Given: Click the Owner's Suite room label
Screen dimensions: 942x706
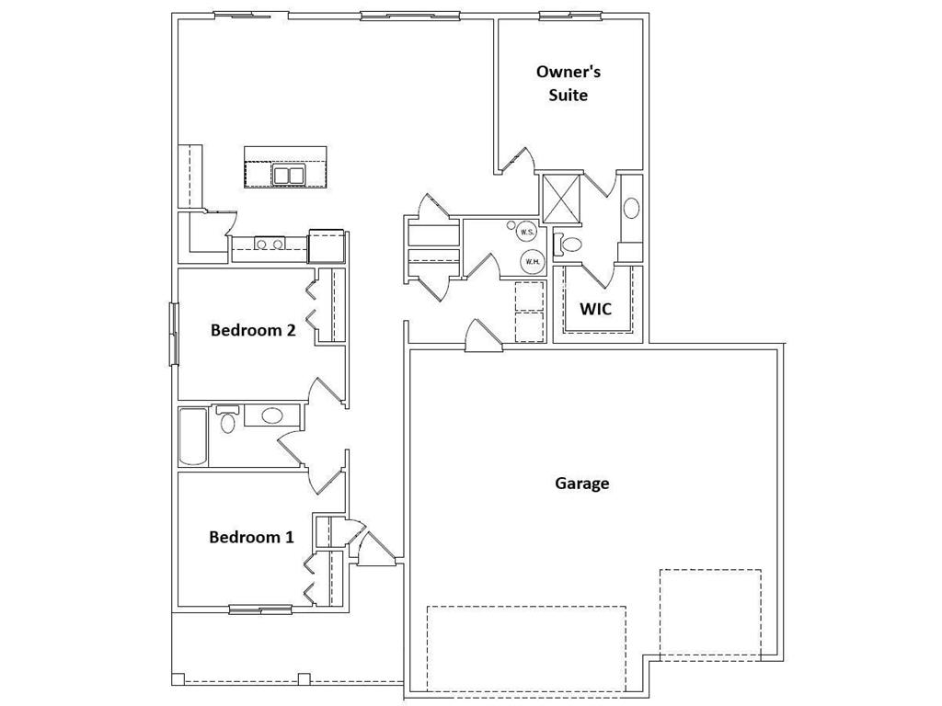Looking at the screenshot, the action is tap(569, 84).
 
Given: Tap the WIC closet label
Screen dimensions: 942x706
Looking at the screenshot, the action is tap(595, 309).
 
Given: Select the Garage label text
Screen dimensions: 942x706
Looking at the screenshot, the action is tap(581, 484).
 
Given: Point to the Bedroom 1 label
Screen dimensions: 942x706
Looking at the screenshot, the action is tap(252, 537).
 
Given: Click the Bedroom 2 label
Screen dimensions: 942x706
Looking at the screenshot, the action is tap(253, 330).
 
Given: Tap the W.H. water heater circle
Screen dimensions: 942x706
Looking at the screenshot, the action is tap(532, 261).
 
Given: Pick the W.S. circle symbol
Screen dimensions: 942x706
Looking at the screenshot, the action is tap(526, 232).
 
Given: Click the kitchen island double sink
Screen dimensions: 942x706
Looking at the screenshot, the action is tap(289, 176).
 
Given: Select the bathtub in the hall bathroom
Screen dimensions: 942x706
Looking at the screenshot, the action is tap(193, 437).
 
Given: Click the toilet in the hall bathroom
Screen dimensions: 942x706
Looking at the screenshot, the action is tap(227, 419).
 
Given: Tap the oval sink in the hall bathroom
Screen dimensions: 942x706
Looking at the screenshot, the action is tap(271, 416).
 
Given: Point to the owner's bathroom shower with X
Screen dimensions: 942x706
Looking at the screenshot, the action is tap(562, 199).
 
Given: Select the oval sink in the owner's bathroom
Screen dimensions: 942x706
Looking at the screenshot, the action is tap(631, 209).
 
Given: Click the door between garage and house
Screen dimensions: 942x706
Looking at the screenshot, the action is tap(483, 336).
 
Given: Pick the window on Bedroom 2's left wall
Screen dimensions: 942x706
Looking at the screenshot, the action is tap(174, 334).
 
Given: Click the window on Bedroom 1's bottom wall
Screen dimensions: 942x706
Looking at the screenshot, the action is tap(260, 610).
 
